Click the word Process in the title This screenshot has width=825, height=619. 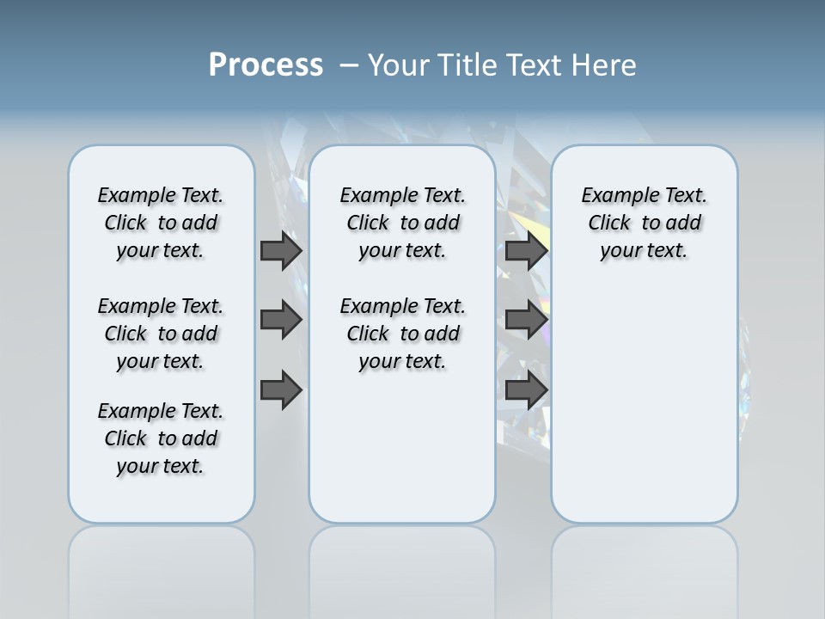pos(266,65)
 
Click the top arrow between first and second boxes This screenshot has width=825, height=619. pos(281,250)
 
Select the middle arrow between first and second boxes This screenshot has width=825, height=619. pos(281,321)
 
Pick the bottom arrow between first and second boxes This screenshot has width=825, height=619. pos(281,390)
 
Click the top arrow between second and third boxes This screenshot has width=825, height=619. pos(526,250)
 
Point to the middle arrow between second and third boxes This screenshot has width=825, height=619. pos(526,321)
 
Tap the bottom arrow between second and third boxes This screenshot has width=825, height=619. pos(526,390)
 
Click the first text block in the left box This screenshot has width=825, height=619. pos(161,223)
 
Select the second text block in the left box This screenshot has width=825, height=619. pos(161,334)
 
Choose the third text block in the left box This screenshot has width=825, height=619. pos(161,438)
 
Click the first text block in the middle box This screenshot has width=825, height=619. pos(402,223)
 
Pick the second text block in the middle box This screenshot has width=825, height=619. pos(402,334)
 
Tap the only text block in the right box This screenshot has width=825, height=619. pos(645,223)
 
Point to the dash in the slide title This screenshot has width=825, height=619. pos(349,65)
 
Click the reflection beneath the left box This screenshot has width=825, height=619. pos(162,567)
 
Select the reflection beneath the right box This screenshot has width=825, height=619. pos(645,567)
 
